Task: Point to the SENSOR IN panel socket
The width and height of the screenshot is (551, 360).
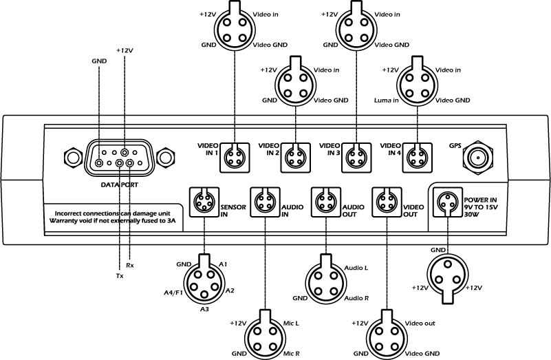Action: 204,202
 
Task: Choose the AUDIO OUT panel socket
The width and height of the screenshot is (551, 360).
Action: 325,202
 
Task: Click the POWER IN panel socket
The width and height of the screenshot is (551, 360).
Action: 448,202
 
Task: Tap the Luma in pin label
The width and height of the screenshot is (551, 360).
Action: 386,100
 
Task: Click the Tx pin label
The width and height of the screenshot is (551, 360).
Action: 120,275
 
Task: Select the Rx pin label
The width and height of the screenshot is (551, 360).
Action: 129,264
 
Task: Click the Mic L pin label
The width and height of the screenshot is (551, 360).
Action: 290,322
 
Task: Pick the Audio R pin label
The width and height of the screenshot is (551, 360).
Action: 356,298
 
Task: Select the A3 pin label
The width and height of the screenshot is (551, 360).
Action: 204,310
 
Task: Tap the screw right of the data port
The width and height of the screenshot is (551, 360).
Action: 164,158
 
